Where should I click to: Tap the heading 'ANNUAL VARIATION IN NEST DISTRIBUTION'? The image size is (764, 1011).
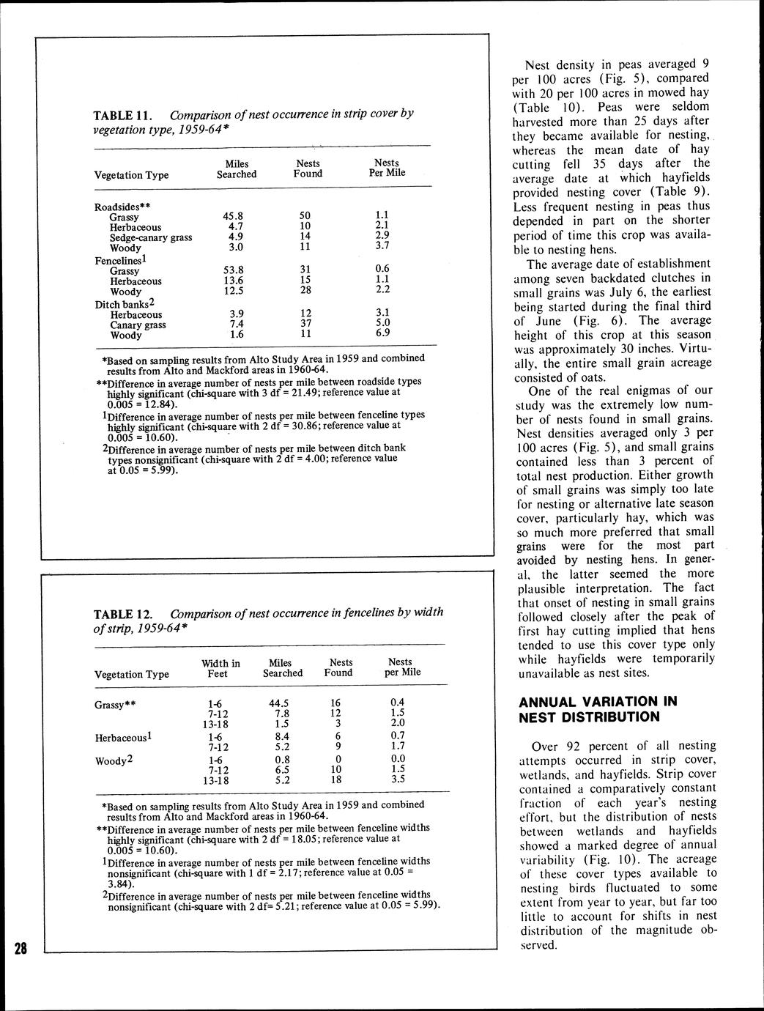[598, 708]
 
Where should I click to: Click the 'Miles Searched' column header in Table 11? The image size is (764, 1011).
[237, 169]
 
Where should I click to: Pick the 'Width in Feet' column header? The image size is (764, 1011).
[220, 668]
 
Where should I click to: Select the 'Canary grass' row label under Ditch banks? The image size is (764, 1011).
[138, 325]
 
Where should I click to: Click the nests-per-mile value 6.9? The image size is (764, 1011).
[382, 333]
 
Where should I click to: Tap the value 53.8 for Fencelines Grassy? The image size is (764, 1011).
[232, 270]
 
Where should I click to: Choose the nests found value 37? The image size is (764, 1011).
[305, 323]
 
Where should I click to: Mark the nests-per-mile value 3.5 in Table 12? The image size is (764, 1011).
[397, 779]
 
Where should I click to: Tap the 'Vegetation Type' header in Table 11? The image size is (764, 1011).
[132, 175]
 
